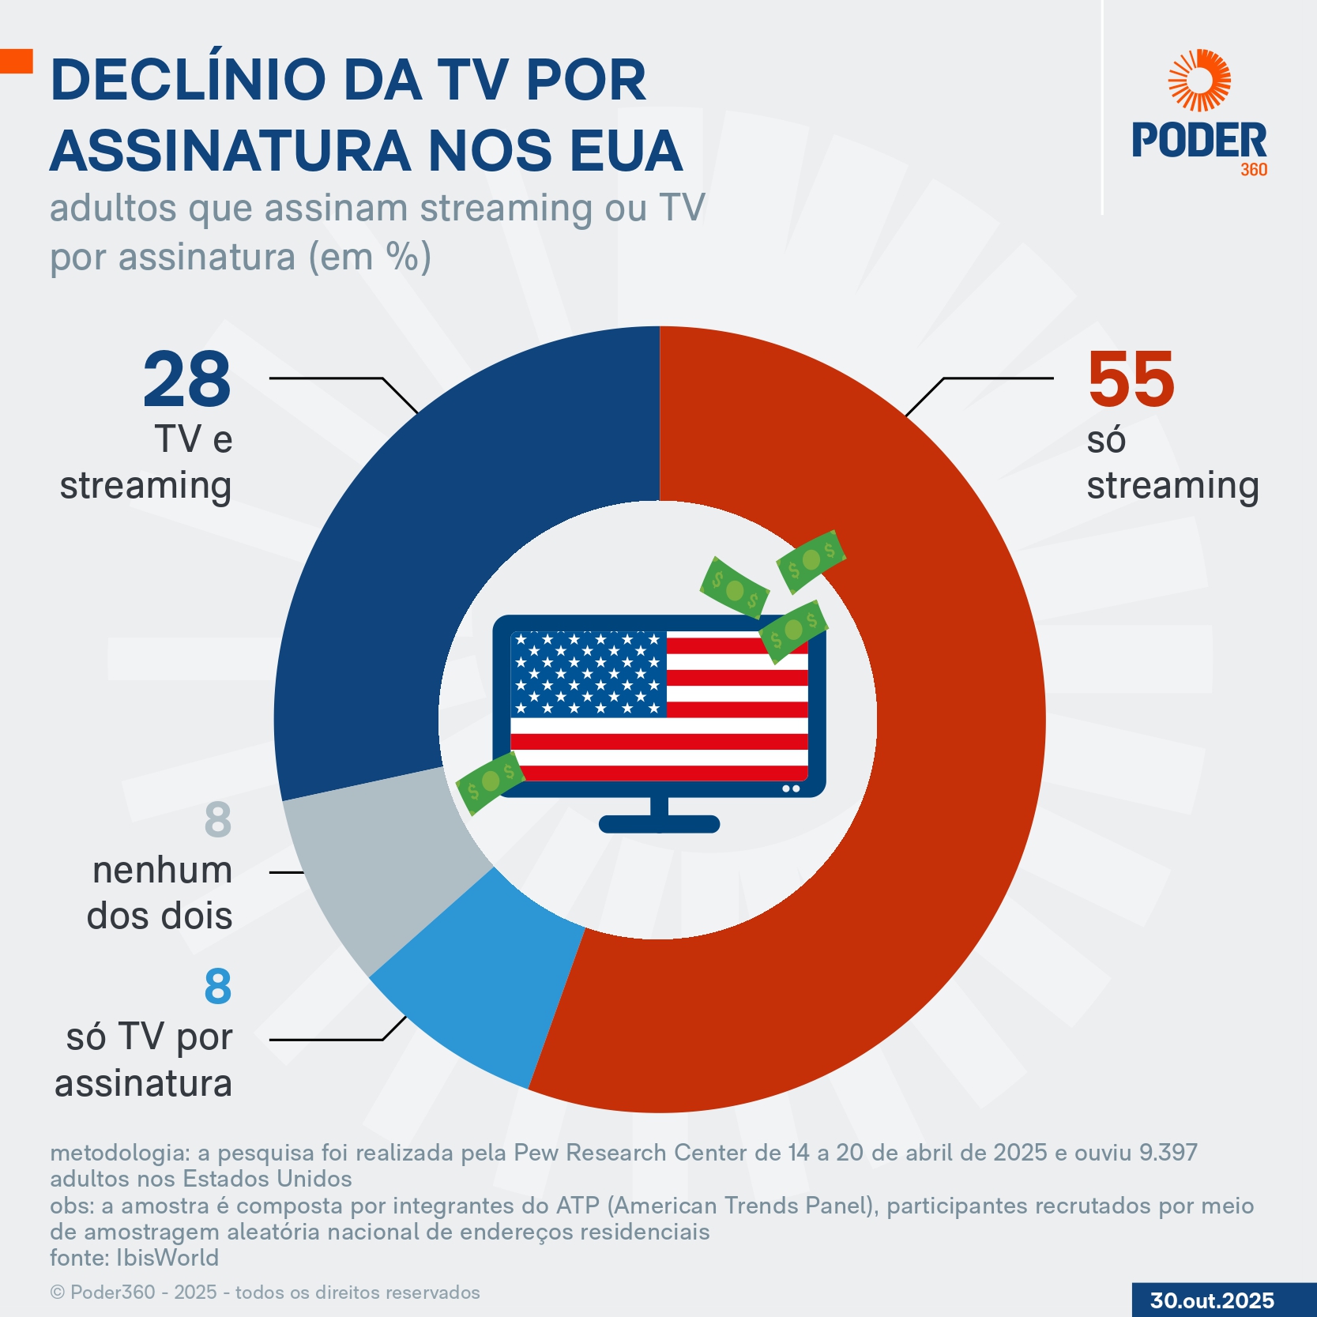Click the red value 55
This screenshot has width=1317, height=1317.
1131,380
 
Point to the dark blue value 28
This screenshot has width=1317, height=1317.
187,380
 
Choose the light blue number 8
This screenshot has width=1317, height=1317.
218,987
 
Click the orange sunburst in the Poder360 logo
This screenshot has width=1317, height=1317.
1199,81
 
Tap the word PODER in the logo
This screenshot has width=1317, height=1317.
1198,141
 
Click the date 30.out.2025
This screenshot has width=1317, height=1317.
1212,1300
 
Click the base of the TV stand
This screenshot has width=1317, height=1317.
659,825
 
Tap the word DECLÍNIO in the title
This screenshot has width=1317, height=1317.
188,81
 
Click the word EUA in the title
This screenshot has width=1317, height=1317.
625,151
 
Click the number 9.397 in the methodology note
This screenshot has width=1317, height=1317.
1167,1153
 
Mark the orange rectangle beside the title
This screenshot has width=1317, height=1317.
16,61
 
